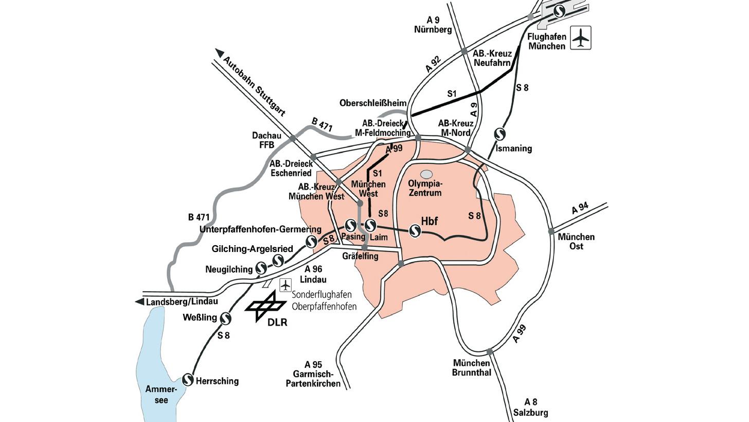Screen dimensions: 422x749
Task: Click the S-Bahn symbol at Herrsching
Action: pos(188,380)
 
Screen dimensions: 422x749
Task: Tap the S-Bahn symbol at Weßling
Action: pos(225,318)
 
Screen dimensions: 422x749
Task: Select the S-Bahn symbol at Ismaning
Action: pos(500,134)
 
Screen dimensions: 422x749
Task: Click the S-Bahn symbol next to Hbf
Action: pos(415,231)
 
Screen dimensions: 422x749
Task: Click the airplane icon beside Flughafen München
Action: pos(581,38)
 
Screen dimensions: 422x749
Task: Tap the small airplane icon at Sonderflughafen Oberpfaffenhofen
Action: pos(286,284)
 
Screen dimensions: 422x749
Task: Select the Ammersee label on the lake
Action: pos(161,395)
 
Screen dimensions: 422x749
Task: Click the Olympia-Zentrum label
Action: pos(425,188)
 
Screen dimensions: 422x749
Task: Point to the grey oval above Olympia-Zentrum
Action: pos(426,174)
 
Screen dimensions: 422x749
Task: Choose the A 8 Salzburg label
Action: pos(531,408)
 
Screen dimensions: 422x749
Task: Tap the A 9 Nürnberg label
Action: pos(433,25)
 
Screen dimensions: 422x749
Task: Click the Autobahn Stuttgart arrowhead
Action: pos(220,53)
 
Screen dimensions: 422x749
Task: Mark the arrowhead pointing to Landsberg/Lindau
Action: pos(139,301)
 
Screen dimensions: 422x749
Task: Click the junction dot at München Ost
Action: pos(551,231)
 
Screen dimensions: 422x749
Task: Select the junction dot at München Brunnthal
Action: pos(490,352)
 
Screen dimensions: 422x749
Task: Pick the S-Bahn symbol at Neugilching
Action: pos(261,268)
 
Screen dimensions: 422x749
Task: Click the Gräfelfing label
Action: pos(360,256)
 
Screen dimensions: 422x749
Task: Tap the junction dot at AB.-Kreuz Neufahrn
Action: pos(464,52)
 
